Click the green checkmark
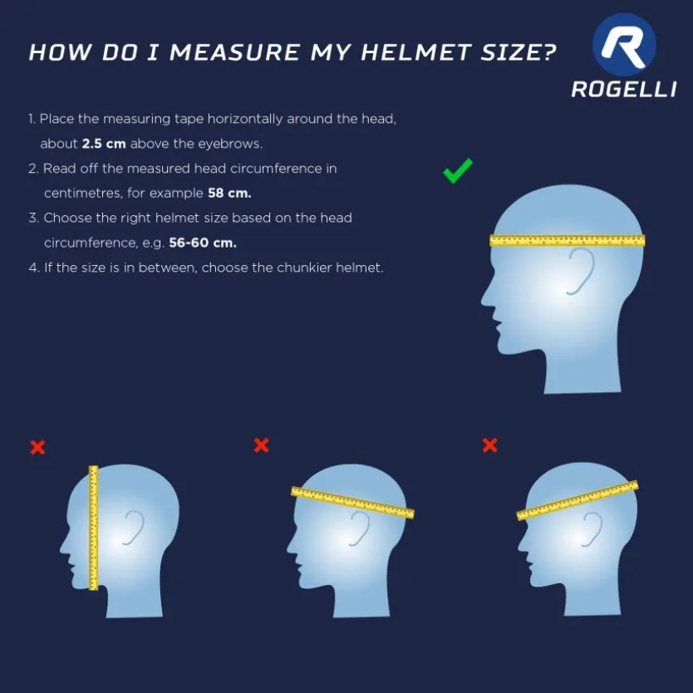458,171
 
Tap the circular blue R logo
624,45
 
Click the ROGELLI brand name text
624,89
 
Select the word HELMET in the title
415,52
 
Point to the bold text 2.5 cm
104,144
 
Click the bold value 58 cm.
229,193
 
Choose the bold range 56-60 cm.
203,243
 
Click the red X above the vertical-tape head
37,447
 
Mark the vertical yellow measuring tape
93,528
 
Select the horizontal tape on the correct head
568,240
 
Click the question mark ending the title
548,52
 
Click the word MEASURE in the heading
235,52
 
